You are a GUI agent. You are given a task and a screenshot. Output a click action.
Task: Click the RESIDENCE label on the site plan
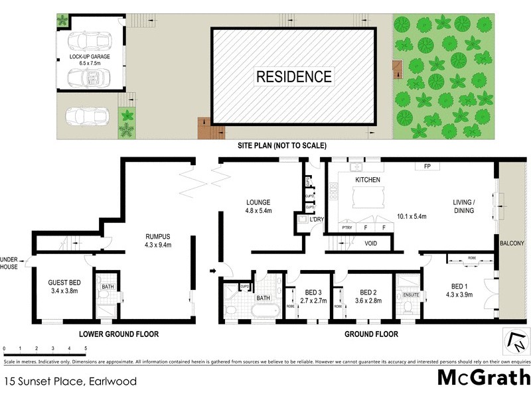[x=294, y=76]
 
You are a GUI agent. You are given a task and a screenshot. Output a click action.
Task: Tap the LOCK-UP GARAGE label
[x=90, y=57]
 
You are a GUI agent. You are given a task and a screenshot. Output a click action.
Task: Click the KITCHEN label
[x=366, y=180]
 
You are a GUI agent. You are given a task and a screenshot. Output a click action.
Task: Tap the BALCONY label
[x=512, y=243]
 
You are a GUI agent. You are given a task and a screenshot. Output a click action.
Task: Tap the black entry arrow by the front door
[x=212, y=271]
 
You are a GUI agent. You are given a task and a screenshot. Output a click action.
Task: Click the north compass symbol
[x=516, y=342]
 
